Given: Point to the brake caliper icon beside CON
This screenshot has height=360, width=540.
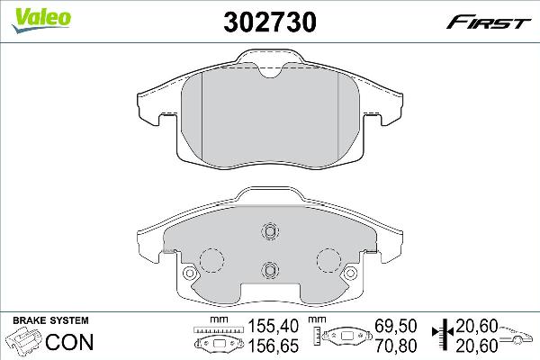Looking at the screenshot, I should (x=24, y=342).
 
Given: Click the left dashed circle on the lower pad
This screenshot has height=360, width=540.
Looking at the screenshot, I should (x=211, y=260).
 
